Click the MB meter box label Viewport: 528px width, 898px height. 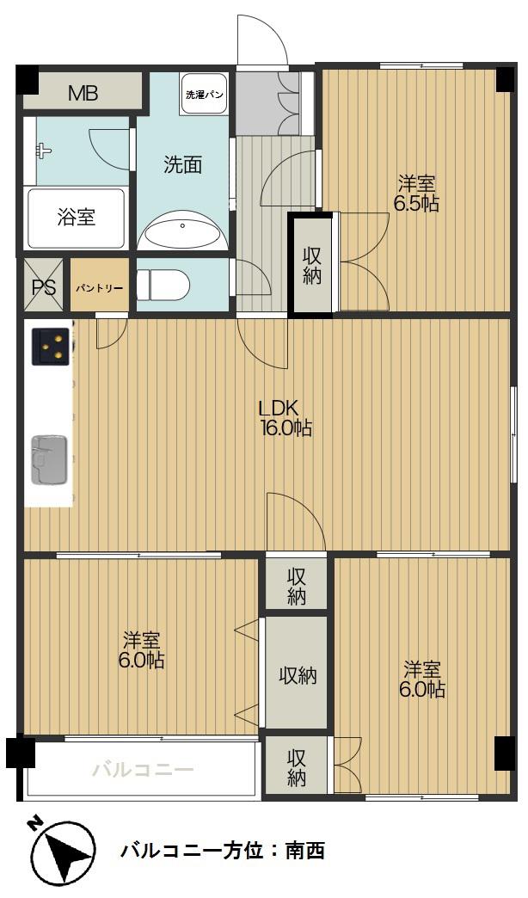coord(83,93)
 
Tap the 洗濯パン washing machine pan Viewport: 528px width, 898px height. coord(204,95)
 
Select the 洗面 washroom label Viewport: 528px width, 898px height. coord(182,165)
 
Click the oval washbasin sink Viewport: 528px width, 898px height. coord(182,229)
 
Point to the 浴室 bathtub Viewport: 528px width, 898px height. coord(76,218)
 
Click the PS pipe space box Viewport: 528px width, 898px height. coord(44,286)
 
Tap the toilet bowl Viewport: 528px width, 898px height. coord(163,285)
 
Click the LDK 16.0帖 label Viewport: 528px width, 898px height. coord(285,419)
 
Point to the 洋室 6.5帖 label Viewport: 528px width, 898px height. coord(416,194)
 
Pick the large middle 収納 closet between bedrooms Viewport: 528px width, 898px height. coord(298,676)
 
